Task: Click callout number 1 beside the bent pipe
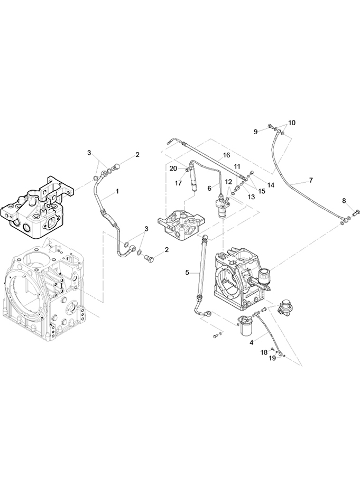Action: coord(117,192)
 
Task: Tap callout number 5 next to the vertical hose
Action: coord(187,273)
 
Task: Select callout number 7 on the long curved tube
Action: coord(311,180)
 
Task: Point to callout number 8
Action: coord(344,201)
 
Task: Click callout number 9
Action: coord(255,132)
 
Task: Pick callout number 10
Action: coord(292,123)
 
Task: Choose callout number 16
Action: coord(226,155)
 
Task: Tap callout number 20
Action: coord(173,169)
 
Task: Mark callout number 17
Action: coord(178,183)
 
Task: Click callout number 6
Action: coord(209,188)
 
